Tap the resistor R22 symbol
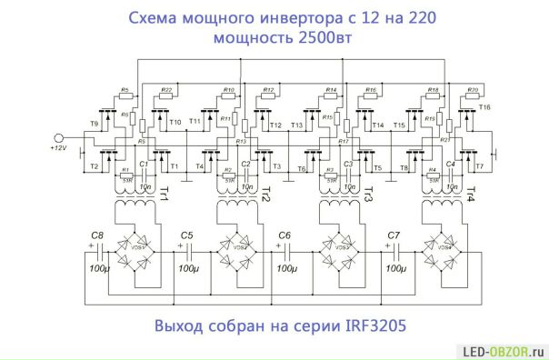(166, 96)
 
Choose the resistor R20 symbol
(473, 96)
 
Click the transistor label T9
(94, 123)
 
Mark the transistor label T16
(484, 108)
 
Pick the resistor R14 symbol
(331, 96)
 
